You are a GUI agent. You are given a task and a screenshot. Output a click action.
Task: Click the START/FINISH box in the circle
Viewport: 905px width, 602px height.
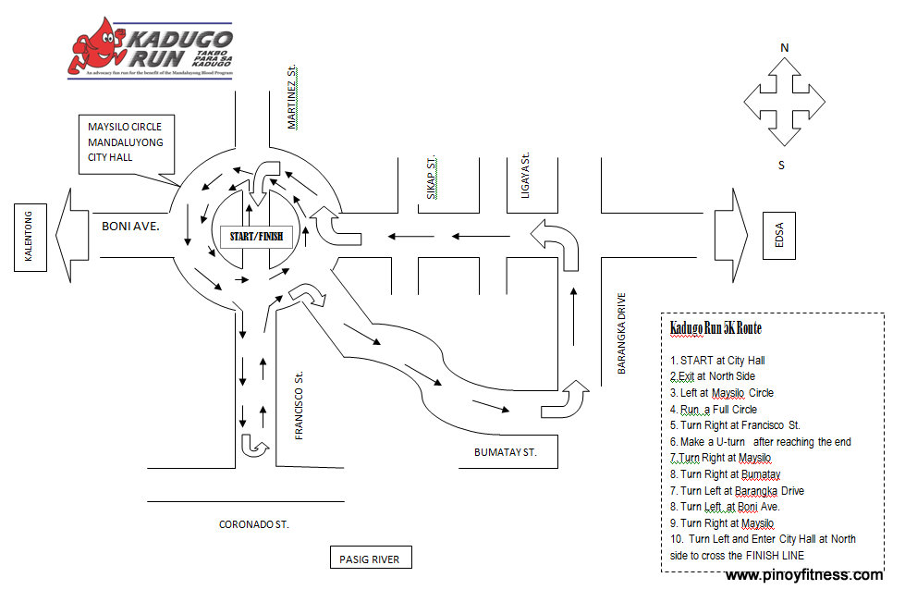tap(257, 237)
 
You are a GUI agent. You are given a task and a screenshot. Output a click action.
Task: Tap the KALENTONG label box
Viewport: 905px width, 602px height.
tap(29, 240)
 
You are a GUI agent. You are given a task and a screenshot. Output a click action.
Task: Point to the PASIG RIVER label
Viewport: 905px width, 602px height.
tap(371, 558)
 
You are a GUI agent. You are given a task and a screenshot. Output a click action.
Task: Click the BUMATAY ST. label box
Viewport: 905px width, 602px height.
tap(504, 453)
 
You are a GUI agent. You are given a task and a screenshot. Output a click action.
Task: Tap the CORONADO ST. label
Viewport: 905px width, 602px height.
tap(253, 524)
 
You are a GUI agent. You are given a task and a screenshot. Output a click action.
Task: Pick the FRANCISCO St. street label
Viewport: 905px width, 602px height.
tap(300, 408)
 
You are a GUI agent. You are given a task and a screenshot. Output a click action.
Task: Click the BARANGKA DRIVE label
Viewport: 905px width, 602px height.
tap(622, 333)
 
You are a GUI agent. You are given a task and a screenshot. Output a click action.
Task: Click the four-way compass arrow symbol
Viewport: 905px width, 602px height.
tap(784, 102)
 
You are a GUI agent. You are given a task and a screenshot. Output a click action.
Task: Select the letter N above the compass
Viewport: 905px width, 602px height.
tap(785, 47)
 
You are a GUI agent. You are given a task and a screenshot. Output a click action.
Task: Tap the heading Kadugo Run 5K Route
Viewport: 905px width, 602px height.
tap(715, 329)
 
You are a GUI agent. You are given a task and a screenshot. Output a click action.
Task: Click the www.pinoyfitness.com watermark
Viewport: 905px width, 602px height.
tap(803, 575)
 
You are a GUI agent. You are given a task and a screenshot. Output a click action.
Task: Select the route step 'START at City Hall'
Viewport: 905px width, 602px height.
tap(717, 360)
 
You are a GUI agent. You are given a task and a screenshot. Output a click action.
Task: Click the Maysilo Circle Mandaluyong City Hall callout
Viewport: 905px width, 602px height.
tap(125, 142)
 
